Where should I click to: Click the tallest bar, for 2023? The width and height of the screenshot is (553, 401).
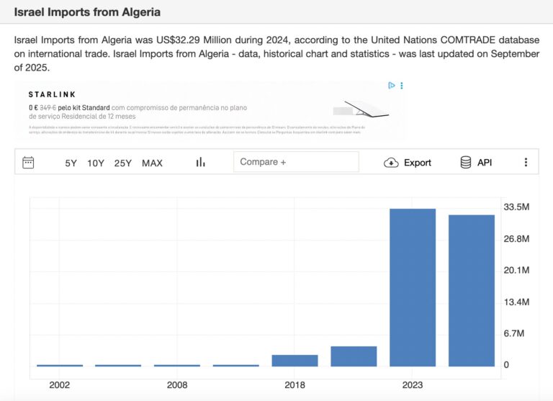click(413, 287)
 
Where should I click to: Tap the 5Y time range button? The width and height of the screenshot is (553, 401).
click(71, 163)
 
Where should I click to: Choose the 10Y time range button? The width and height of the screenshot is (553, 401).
click(96, 163)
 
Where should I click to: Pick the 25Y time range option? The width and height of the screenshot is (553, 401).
click(123, 163)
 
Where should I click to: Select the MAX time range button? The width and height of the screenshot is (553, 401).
click(152, 163)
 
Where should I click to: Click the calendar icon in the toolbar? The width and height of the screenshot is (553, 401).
click(29, 162)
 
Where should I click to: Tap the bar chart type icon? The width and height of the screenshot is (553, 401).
click(201, 162)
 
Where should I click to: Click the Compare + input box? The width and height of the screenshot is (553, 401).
click(296, 162)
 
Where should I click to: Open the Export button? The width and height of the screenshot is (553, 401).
click(408, 163)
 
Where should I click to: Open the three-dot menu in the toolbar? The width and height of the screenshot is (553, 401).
click(526, 163)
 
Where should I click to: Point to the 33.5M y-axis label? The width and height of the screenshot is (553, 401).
click(516, 207)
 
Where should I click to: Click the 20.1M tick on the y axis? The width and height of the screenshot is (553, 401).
click(516, 270)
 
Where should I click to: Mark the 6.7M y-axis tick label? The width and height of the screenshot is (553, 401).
click(516, 333)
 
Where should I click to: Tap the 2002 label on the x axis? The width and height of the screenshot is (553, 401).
click(60, 385)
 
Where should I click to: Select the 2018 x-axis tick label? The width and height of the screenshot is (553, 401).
click(295, 385)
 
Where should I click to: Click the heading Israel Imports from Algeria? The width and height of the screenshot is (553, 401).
click(87, 12)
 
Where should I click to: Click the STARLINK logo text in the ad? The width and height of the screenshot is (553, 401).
click(52, 94)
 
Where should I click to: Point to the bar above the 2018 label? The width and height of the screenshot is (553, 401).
click(295, 360)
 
